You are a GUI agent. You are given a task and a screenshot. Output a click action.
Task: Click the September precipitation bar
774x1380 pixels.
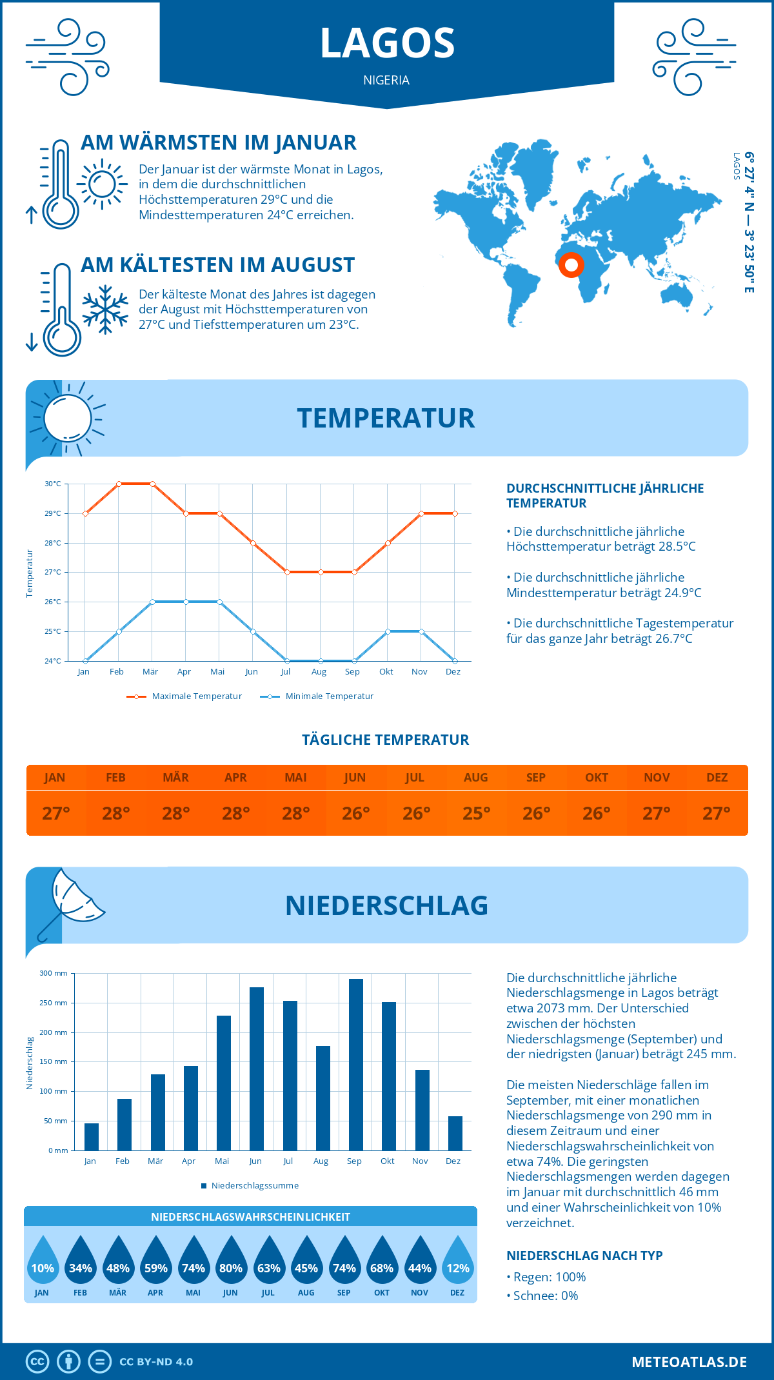[x=356, y=1065]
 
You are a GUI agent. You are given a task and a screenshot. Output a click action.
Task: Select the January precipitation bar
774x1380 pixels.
[x=92, y=1137]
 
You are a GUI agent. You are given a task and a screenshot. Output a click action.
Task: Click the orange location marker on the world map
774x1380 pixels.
[x=571, y=264]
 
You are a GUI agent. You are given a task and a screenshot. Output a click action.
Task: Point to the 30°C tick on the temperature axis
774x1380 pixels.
[x=53, y=484]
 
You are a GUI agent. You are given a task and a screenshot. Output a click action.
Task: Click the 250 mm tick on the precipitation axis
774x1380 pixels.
[x=54, y=1003]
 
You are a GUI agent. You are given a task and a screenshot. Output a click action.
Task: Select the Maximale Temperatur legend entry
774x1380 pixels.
[x=184, y=696]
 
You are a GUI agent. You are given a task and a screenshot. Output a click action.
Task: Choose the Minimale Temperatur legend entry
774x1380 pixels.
[x=317, y=696]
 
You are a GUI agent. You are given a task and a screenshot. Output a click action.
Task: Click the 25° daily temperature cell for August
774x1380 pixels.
[x=476, y=813]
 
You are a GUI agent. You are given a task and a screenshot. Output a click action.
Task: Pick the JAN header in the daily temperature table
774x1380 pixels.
[x=55, y=778]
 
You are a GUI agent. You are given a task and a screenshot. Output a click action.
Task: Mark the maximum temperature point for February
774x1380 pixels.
[x=119, y=484]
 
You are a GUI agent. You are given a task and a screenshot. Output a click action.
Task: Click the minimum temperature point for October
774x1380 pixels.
[x=388, y=631]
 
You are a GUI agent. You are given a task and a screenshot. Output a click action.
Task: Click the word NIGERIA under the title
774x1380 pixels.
[x=386, y=80]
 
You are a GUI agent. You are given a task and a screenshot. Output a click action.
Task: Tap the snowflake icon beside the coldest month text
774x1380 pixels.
[x=105, y=310]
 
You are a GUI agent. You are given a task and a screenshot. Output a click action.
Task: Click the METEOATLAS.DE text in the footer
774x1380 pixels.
[x=689, y=1362]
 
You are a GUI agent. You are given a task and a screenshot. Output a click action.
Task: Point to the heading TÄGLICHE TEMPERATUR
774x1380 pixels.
[x=386, y=740]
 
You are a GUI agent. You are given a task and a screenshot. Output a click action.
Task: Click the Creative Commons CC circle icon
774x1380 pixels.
[x=37, y=1362]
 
